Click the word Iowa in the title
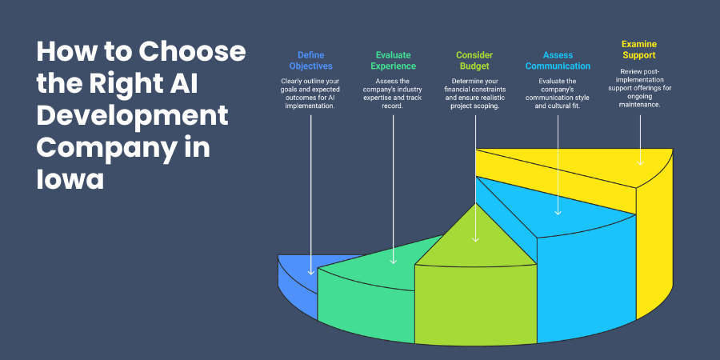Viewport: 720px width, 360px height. coord(70,178)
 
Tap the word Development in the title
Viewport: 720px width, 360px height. coord(133,115)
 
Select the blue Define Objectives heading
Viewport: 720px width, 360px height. coord(310,61)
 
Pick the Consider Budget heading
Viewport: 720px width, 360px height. coord(474,61)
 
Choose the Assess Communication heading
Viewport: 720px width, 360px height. coord(558,61)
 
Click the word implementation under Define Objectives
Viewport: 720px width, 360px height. coord(311,105)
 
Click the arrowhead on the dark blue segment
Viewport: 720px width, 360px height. coord(310,273)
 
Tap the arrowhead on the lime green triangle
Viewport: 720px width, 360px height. coord(475,238)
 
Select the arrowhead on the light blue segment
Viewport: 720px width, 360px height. coord(558,212)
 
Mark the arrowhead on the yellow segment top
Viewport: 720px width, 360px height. coord(639,162)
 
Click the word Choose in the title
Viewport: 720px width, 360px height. coord(192,53)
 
